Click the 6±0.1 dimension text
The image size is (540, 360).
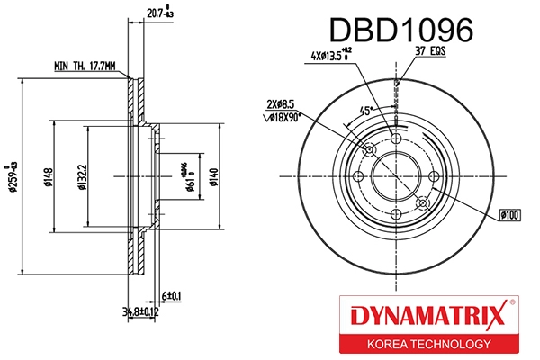click(x=171, y=295)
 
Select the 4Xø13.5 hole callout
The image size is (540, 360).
click(x=332, y=57)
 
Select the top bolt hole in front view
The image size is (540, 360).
click(x=397, y=138)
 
